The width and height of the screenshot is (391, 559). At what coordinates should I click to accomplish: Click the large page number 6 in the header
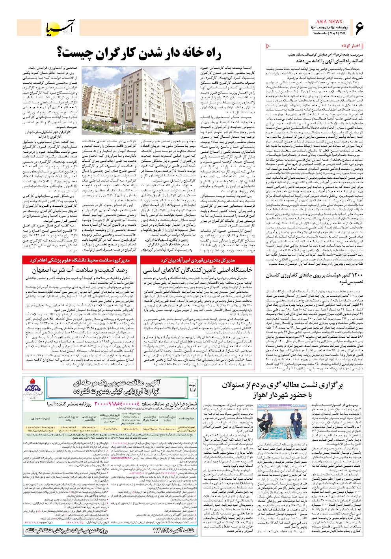tap(359, 28)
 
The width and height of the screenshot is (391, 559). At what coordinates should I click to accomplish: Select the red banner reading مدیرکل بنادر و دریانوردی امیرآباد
tap(197, 260)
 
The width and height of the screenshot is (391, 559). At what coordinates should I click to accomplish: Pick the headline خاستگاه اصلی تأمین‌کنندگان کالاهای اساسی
tap(197, 271)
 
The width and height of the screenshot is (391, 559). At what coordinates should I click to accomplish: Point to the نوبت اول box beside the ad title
tap(193, 386)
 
